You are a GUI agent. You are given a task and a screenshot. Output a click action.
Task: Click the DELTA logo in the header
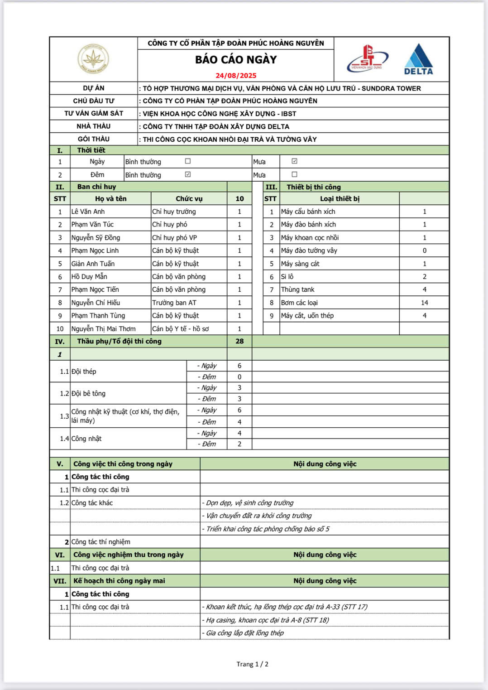tap(418, 59)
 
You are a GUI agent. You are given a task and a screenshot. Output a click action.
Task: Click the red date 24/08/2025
tap(236, 76)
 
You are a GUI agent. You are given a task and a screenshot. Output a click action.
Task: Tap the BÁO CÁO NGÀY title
tap(236, 60)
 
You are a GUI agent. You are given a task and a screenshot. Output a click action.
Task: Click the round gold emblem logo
tap(93, 59)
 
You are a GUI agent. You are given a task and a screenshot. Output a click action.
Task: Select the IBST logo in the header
tap(367, 59)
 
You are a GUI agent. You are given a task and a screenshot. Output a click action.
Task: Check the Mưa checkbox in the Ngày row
tap(294, 161)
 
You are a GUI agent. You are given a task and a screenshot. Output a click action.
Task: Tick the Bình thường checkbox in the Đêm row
tap(188, 174)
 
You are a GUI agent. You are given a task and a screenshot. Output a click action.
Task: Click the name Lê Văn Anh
tap(88, 212)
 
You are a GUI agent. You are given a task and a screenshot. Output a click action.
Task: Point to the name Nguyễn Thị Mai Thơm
tap(103, 329)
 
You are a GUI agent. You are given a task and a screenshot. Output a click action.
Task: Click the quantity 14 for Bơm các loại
tap(424, 303)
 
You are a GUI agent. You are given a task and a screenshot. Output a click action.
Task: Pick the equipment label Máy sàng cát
tap(300, 264)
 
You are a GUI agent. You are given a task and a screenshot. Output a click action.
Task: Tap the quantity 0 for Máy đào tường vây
tap(424, 251)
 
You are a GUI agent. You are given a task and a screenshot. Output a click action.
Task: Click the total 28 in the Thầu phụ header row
tap(239, 341)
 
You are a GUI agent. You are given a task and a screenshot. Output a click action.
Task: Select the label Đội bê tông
tap(88, 394)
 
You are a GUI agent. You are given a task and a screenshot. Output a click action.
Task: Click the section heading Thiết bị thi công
tap(313, 187)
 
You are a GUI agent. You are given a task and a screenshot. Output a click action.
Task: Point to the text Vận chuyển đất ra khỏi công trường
tap(258, 516)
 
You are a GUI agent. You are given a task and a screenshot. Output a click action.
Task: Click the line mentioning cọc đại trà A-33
tap(287, 607)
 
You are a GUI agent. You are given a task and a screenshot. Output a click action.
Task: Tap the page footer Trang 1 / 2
tap(252, 664)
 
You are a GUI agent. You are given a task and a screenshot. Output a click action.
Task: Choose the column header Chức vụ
tap(189, 199)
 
